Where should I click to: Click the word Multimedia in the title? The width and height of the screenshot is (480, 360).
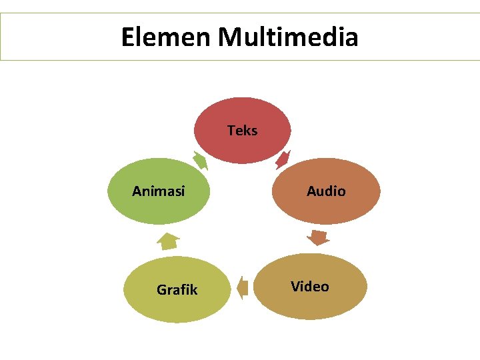288,37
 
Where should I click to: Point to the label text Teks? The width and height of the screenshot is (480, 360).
243,131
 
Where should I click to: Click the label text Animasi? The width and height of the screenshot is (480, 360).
159,191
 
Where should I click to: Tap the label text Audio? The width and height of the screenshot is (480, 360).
326,191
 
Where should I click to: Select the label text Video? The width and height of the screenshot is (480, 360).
310,287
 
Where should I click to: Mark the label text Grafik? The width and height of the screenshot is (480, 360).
177,290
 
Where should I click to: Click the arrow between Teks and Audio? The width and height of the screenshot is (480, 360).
283,159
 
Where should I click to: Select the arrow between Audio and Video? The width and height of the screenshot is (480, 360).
319,237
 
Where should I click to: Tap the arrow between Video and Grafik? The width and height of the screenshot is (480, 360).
243,288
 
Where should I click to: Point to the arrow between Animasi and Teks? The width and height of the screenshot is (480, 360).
199,161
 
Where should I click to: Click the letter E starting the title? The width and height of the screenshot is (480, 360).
129,37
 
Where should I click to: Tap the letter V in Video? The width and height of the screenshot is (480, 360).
295,287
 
